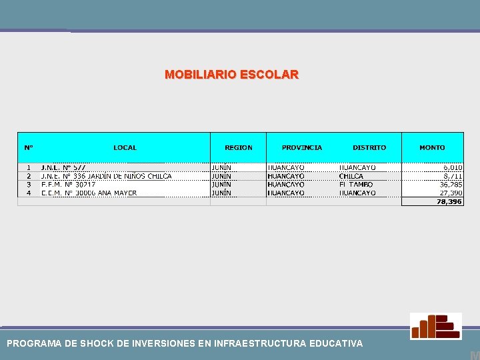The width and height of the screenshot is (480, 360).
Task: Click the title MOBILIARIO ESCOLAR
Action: pos(231,75)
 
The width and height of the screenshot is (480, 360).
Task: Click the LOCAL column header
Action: pos(125,147)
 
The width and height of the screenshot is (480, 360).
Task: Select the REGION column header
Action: pos(239,147)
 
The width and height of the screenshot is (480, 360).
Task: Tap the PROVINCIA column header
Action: pos(301,147)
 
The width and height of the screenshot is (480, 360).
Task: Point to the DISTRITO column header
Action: pos(369,147)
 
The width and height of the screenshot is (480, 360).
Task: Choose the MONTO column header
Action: pos(432,147)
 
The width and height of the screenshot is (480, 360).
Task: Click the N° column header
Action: pos(29,147)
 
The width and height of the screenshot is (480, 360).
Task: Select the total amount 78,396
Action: pos(449,201)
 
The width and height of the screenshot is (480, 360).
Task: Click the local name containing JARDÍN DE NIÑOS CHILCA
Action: pos(106,176)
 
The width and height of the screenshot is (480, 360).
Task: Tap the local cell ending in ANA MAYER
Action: pos(89,193)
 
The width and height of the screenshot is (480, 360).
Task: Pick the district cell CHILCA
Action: pos(351,176)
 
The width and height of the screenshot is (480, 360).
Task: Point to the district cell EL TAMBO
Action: pos(355,185)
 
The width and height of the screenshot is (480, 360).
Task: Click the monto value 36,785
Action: pos(451,185)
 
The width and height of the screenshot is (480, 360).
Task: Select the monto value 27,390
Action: pos(451,193)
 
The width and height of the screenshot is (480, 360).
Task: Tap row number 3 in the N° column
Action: pos(29,185)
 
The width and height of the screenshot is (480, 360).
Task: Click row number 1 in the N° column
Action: pos(29,167)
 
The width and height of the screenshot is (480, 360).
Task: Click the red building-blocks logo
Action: pos(435,326)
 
